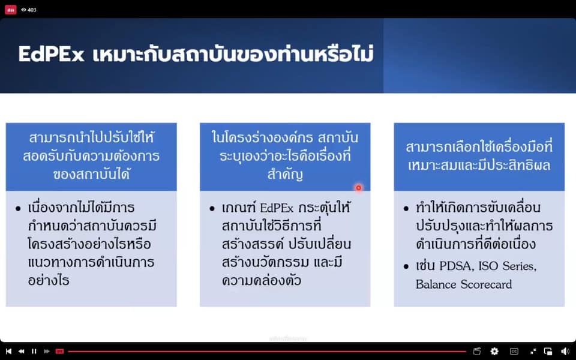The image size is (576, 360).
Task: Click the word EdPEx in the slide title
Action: [52, 55]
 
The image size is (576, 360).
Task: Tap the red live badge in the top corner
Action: [11, 10]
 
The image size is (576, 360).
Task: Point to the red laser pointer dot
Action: [359, 188]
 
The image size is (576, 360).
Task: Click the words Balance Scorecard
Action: [464, 284]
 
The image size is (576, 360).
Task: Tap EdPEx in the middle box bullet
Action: [277, 208]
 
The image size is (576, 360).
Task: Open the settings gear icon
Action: [494, 351]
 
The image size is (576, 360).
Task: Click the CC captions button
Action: [514, 351]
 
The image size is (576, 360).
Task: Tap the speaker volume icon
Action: [565, 351]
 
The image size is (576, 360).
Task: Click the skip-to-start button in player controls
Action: [8, 351]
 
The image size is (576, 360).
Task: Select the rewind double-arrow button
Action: [22, 351]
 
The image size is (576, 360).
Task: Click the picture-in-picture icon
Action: [548, 351]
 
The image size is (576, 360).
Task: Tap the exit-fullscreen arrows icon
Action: [533, 351]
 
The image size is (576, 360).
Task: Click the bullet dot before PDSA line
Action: [406, 266]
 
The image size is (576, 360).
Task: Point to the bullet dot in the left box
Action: [18, 209]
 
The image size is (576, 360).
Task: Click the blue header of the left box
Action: [91, 157]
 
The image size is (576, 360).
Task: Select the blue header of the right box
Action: [479, 157]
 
